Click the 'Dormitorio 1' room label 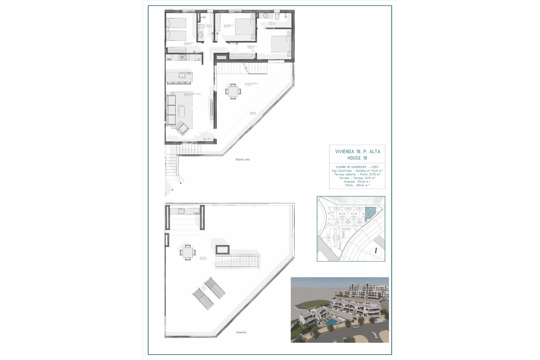[252, 46]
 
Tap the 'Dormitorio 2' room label [228, 26]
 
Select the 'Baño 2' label [271, 23]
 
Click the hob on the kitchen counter [183, 58]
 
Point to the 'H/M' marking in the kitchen [169, 59]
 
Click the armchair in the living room [183, 129]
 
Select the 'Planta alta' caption [243, 159]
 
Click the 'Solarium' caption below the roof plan [241, 332]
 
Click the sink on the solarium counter [181, 211]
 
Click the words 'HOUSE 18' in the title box [357, 158]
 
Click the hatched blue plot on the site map [370, 213]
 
